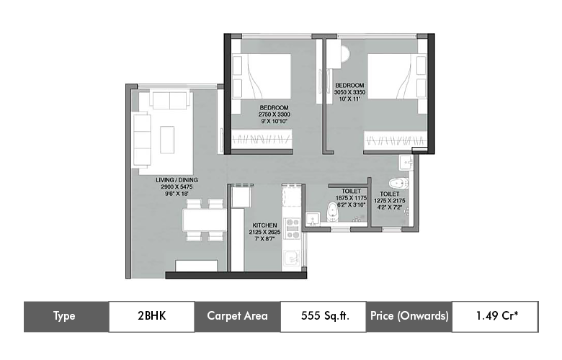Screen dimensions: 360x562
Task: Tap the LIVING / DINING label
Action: (177, 180)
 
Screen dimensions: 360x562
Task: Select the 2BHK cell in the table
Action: (151, 315)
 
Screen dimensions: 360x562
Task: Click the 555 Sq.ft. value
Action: (322, 315)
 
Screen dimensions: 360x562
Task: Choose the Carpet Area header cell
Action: (237, 315)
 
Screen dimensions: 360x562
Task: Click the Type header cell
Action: (66, 315)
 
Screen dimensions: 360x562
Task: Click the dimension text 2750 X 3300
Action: (275, 114)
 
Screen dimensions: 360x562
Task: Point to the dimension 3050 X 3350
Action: (351, 92)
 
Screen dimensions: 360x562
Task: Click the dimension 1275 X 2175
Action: (391, 202)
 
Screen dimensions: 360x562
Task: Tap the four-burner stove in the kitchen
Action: (293, 228)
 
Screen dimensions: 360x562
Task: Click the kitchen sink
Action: (292, 258)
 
